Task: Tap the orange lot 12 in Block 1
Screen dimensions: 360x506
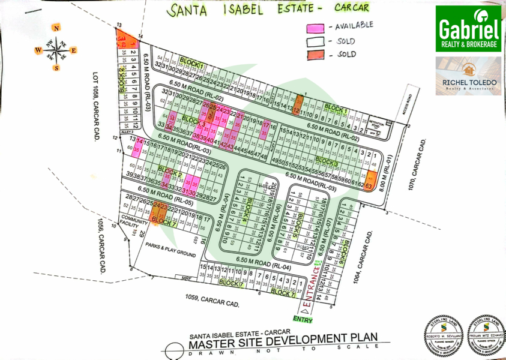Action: pos(295,109)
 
